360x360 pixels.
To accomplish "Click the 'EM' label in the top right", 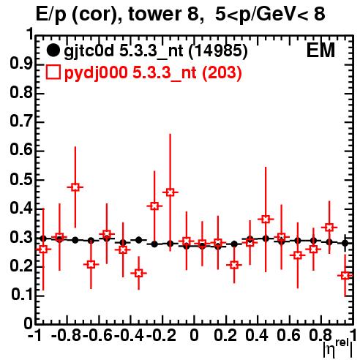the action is (x=320, y=50).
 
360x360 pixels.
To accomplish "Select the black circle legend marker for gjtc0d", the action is (x=53, y=50).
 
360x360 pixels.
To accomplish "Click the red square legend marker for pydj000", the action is (x=53, y=72).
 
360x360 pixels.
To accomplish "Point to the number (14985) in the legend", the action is (x=218, y=51).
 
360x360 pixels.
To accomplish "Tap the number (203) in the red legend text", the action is (x=222, y=72).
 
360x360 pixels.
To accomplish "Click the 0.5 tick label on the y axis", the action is (x=21, y=180).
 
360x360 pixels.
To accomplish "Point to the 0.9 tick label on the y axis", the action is (x=21, y=64).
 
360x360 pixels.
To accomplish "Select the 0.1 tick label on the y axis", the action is (x=22, y=295).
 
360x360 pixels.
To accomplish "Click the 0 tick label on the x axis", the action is (x=194, y=335).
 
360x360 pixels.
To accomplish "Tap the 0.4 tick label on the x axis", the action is (x=257, y=335).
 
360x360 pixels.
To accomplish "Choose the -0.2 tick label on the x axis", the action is (x=161, y=335).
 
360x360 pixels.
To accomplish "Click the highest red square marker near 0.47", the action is (x=75, y=187).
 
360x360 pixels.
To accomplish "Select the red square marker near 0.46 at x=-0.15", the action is (x=170, y=192).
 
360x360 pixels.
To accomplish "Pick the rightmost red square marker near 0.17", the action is (x=345, y=276).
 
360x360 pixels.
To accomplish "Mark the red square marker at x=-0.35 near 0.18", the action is (x=138, y=273).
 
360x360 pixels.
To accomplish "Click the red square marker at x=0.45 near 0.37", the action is (x=266, y=219).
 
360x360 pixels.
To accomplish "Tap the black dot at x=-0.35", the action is (x=139, y=240).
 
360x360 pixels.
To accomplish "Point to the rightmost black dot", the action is (x=345, y=243).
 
